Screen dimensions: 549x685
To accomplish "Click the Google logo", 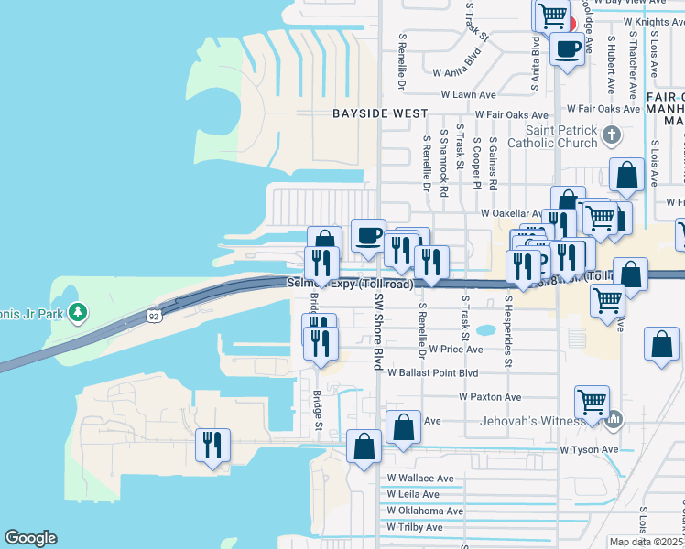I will pos(30,538).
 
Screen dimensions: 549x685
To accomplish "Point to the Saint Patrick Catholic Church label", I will pos(562,136).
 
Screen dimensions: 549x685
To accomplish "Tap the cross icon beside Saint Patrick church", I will pos(612,136).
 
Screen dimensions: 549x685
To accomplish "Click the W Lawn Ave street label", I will pos(468,94).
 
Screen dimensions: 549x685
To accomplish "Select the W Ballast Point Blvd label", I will pos(432,373).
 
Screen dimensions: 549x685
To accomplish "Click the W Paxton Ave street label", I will pos(490,397).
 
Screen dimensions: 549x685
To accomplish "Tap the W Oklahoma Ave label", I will pos(425,511).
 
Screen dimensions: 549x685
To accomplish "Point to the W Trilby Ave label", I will pos(414,527).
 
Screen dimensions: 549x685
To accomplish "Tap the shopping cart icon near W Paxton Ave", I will pos(593,400).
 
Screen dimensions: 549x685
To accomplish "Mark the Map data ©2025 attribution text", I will pos(646,542).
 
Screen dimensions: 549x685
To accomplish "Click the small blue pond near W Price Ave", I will pos(486,330).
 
